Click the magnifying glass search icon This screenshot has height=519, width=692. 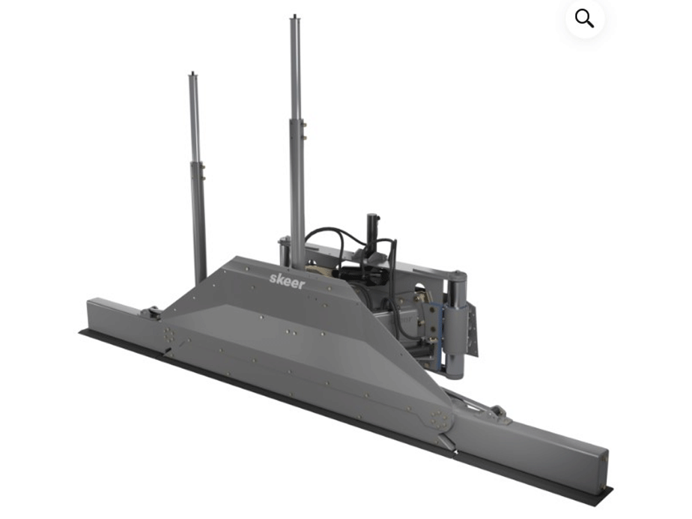pyautogui.click(x=585, y=19)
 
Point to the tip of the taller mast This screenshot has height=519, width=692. pyautogui.click(x=295, y=17)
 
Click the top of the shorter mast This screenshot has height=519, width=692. pyautogui.click(x=193, y=74)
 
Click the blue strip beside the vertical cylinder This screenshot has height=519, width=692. pyautogui.click(x=444, y=335)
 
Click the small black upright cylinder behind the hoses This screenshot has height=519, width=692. pyautogui.click(x=372, y=230)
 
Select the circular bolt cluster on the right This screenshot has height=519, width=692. pyautogui.click(x=441, y=419)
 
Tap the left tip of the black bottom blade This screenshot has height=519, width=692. pyautogui.click(x=82, y=332)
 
